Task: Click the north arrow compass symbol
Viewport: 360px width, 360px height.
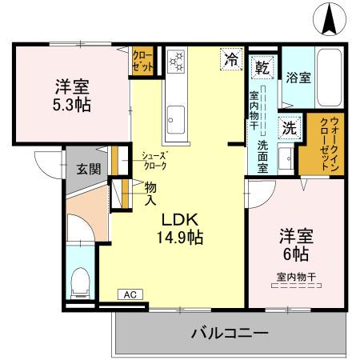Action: [329, 20]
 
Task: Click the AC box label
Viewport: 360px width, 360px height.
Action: [130, 295]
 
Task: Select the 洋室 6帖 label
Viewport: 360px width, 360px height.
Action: [294, 246]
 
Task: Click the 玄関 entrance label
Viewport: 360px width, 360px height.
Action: [88, 168]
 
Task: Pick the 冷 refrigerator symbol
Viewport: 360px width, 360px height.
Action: [231, 58]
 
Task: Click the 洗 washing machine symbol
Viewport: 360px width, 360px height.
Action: [287, 126]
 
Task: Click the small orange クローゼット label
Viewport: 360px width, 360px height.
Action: [142, 62]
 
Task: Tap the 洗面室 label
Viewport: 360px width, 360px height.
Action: [262, 151]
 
